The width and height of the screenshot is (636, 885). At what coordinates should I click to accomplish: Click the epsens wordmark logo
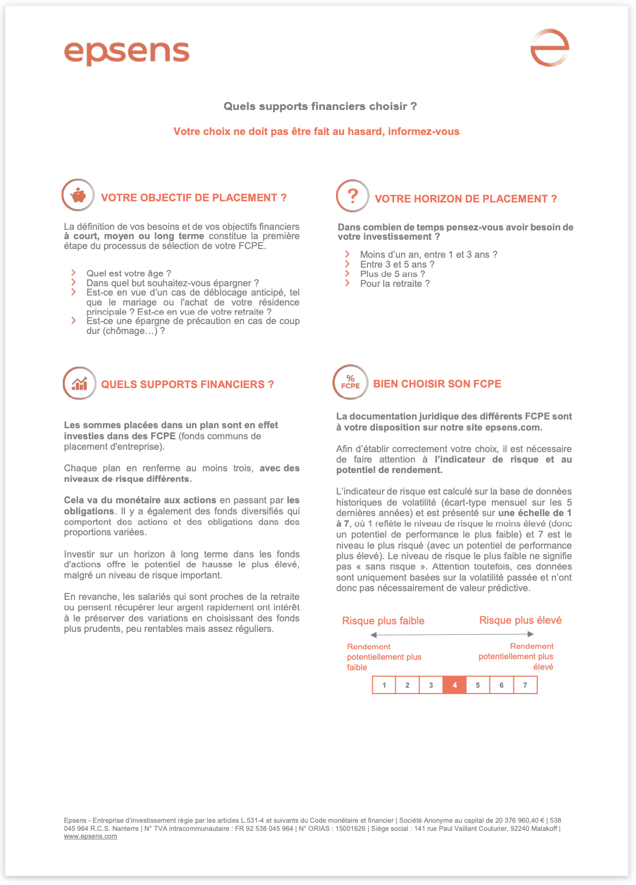(x=127, y=53)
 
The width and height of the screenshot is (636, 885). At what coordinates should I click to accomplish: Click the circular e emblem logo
(x=549, y=48)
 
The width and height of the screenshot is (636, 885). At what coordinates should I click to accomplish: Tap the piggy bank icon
(x=78, y=196)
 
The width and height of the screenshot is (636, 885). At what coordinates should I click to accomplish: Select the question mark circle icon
(x=352, y=196)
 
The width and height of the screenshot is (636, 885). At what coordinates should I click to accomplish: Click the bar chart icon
(x=79, y=383)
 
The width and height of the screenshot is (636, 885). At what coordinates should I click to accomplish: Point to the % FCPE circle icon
(x=350, y=382)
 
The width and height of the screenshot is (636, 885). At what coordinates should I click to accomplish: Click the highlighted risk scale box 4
(x=455, y=685)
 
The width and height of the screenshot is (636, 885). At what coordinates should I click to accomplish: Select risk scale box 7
(x=525, y=685)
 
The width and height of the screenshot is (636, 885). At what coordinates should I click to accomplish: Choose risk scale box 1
(x=384, y=685)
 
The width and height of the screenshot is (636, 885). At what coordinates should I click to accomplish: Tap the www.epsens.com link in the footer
(x=91, y=836)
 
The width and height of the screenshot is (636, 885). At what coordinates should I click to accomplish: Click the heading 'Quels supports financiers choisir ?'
(x=320, y=106)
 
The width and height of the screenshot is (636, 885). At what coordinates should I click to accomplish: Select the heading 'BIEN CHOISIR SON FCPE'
(x=437, y=384)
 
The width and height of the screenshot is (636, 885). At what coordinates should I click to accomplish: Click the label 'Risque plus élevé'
(x=520, y=620)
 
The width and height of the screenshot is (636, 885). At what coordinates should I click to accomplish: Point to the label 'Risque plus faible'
(x=383, y=621)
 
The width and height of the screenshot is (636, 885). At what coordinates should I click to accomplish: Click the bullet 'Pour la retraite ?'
(x=395, y=284)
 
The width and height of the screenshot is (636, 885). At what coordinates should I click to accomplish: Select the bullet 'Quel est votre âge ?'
(x=128, y=273)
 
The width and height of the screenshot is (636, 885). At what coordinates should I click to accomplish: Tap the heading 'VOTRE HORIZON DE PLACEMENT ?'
(x=466, y=199)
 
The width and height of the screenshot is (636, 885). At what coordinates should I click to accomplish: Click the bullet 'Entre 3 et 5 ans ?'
(x=397, y=265)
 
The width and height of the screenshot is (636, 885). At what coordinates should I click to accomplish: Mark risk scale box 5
(x=478, y=685)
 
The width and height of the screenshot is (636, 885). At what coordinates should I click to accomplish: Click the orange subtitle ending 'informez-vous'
(x=316, y=131)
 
